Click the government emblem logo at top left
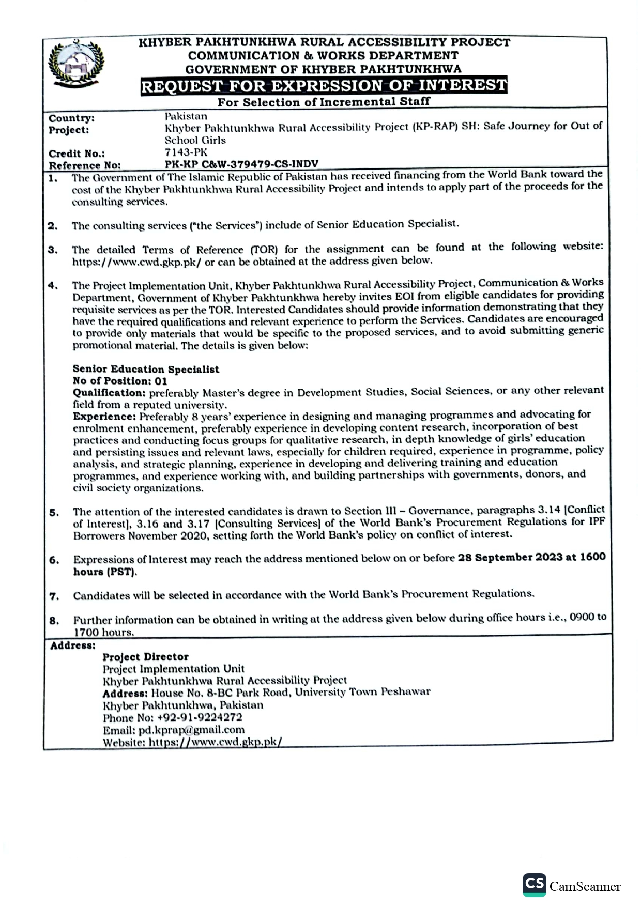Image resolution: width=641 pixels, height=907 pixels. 76,64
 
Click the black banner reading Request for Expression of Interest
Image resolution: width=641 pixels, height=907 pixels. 324,85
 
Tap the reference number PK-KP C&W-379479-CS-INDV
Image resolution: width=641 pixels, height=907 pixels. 241,164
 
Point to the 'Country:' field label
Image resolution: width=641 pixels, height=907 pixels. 71,118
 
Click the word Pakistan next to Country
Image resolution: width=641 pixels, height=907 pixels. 186,116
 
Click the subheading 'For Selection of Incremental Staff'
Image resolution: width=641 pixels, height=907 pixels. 324,101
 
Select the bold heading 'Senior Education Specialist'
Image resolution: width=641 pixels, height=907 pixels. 146,369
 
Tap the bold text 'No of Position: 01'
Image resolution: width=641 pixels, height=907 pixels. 120,381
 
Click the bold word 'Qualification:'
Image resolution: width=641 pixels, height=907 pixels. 109,393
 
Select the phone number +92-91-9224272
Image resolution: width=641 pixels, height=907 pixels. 200,717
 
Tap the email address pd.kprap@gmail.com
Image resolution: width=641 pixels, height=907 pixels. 191,730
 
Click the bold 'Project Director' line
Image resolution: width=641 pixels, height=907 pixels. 145,657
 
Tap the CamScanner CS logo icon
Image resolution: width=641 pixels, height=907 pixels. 534,884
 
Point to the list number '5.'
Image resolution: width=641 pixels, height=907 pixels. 54,513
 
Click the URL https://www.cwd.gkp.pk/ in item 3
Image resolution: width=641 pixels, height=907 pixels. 136,262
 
